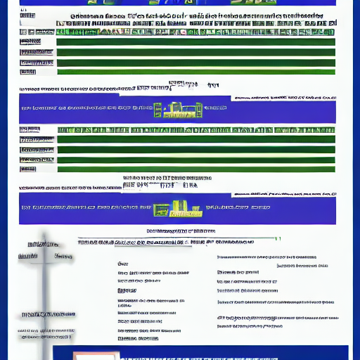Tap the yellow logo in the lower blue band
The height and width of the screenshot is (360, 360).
pos(176,209)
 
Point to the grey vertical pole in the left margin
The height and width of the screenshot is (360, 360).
pos(45,295)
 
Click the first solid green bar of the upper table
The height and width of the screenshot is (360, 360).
pos(195,42)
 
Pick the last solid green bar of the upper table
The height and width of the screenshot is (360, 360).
pos(195,71)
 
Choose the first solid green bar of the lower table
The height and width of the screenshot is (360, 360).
pos(195,139)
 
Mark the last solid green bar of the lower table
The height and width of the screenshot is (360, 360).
pos(195,169)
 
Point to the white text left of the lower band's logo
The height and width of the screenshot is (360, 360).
pos(84,208)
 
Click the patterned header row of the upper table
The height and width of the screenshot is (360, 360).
pos(195,32)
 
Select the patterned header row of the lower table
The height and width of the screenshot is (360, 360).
pos(195,130)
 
